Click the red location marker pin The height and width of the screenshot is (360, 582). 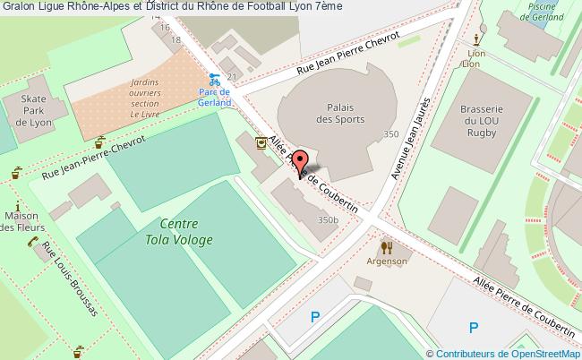click(301, 164)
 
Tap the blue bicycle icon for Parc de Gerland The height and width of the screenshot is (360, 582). click(214, 78)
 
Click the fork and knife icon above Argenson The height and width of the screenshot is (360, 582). click(387, 246)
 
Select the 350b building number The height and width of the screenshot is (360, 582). click(328, 219)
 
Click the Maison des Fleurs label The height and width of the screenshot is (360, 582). click(21, 222)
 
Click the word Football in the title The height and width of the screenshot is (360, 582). click(247, 7)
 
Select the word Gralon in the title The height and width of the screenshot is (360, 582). click(19, 7)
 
